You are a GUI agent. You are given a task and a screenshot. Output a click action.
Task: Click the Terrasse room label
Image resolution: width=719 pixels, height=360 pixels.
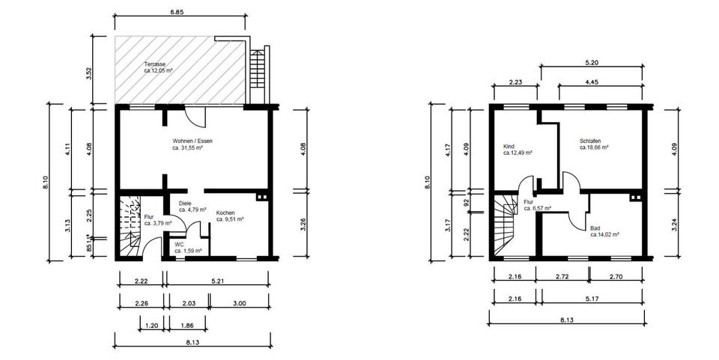click(155, 64)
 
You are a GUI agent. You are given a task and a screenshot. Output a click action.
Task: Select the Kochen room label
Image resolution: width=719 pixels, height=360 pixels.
click(225, 213)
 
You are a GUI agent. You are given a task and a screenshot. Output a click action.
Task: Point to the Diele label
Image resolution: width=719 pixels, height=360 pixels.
click(186, 203)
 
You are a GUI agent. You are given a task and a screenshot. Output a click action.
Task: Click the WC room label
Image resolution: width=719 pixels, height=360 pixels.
click(179, 243)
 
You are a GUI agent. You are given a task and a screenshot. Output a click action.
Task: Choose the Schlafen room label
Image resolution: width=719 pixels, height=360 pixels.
click(592, 141)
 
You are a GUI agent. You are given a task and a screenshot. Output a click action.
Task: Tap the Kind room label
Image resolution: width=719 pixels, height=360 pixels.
click(509, 146)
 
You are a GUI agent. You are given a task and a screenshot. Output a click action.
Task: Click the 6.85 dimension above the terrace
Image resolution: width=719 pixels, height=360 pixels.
click(178, 13)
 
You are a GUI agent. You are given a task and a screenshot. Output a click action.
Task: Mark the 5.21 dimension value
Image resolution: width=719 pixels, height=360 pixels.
click(217, 280)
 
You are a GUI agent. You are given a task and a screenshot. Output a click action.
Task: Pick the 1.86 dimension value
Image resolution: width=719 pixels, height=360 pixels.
click(188, 325)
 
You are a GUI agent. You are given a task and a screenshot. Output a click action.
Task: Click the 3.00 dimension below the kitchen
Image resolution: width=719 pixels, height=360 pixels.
click(239, 303)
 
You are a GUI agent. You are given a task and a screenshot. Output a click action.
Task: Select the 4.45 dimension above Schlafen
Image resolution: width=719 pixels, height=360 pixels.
click(592, 82)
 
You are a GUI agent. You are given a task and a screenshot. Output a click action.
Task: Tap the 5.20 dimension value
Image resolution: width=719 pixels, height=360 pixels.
click(591, 61)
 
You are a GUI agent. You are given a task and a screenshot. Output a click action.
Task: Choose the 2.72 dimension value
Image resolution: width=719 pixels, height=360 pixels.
click(562, 277)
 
